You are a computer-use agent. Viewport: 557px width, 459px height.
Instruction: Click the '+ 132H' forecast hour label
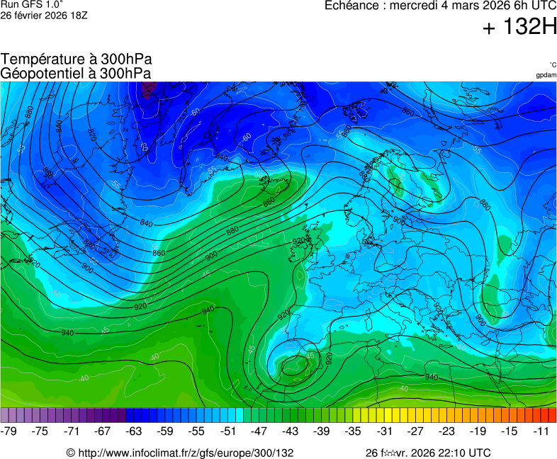pos(519,28)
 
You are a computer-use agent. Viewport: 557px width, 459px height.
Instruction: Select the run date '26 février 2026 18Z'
pos(45,14)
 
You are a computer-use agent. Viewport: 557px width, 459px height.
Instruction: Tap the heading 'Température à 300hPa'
pos(77,59)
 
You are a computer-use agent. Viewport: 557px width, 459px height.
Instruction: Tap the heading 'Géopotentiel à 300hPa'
pos(76,73)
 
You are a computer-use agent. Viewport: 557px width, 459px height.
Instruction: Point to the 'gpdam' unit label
pos(546,74)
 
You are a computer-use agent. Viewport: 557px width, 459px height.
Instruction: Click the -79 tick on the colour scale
pos(9,431)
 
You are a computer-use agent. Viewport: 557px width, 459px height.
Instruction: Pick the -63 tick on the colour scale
pos(134,431)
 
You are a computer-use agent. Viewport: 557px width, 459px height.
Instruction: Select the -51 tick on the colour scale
pos(228,431)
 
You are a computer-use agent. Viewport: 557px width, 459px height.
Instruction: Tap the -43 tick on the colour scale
pos(291,431)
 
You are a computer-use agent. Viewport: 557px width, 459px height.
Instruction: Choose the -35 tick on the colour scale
pos(353,431)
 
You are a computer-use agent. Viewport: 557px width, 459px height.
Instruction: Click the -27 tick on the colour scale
pos(416,431)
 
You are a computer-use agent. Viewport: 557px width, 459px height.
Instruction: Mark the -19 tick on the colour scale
pos(478,431)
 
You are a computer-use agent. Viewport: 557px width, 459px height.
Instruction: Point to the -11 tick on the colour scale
pos(541,431)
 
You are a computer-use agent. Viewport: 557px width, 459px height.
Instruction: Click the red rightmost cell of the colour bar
pos(552,415)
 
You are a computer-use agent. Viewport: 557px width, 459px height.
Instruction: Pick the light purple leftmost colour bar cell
pos(5,415)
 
